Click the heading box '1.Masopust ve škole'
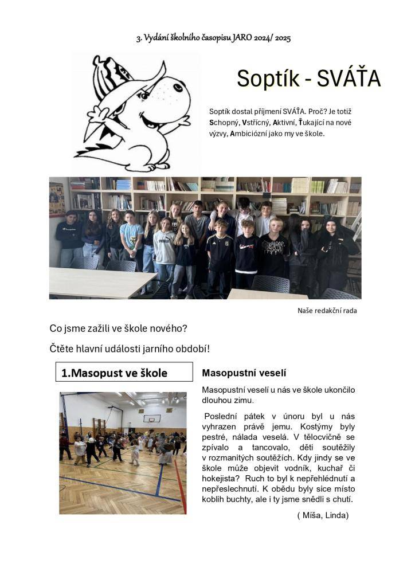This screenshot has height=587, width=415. [x=124, y=373]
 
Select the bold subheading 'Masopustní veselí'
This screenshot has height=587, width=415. [x=244, y=373]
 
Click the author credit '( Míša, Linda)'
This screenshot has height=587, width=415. [x=323, y=515]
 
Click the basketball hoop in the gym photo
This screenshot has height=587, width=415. [x=149, y=419]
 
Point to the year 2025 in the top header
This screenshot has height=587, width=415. [x=283, y=38]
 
